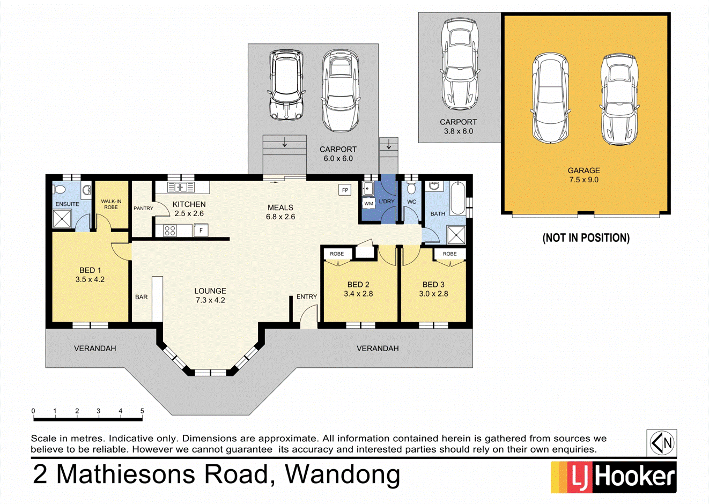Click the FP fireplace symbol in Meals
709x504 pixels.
pyautogui.click(x=345, y=190)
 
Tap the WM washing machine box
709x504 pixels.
pyautogui.click(x=368, y=204)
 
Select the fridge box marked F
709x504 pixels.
pyautogui.click(x=201, y=231)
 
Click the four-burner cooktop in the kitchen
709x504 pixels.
pyautogui.click(x=170, y=231)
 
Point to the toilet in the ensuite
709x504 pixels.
pyautogui.click(x=60, y=189)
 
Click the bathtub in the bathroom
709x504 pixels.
pyautogui.click(x=457, y=198)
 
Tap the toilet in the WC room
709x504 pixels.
pyautogui.click(x=411, y=188)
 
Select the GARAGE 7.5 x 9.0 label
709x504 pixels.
pyautogui.click(x=584, y=175)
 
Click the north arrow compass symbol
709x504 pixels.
pyautogui.click(x=661, y=443)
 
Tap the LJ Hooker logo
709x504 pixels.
pyautogui.click(x=614, y=477)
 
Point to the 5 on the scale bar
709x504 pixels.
pyautogui.click(x=142, y=411)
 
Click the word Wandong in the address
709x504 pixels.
pyautogui.click(x=342, y=474)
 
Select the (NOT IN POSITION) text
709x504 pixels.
pyautogui.click(x=586, y=238)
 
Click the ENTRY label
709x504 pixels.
pyautogui.click(x=307, y=297)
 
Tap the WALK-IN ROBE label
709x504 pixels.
pyautogui.click(x=111, y=204)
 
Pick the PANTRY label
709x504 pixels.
pyautogui.click(x=143, y=208)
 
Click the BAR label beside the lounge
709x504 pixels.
pyautogui.click(x=141, y=297)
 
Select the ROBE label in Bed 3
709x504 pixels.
pyautogui.click(x=449, y=254)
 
